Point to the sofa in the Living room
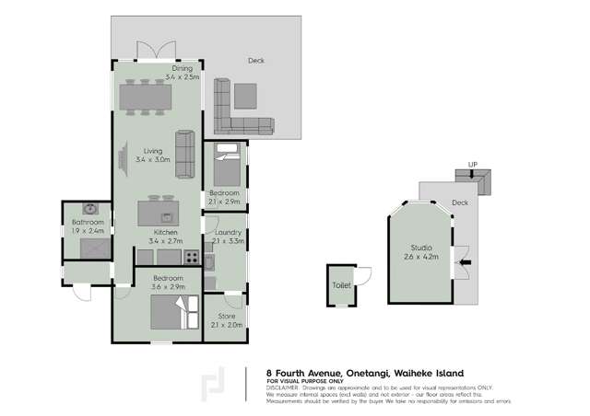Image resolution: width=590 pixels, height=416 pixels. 185,153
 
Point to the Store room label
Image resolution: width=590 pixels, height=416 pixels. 226,316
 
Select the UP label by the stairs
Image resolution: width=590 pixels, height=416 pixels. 473,165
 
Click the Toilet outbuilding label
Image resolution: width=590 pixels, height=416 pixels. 341,285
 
